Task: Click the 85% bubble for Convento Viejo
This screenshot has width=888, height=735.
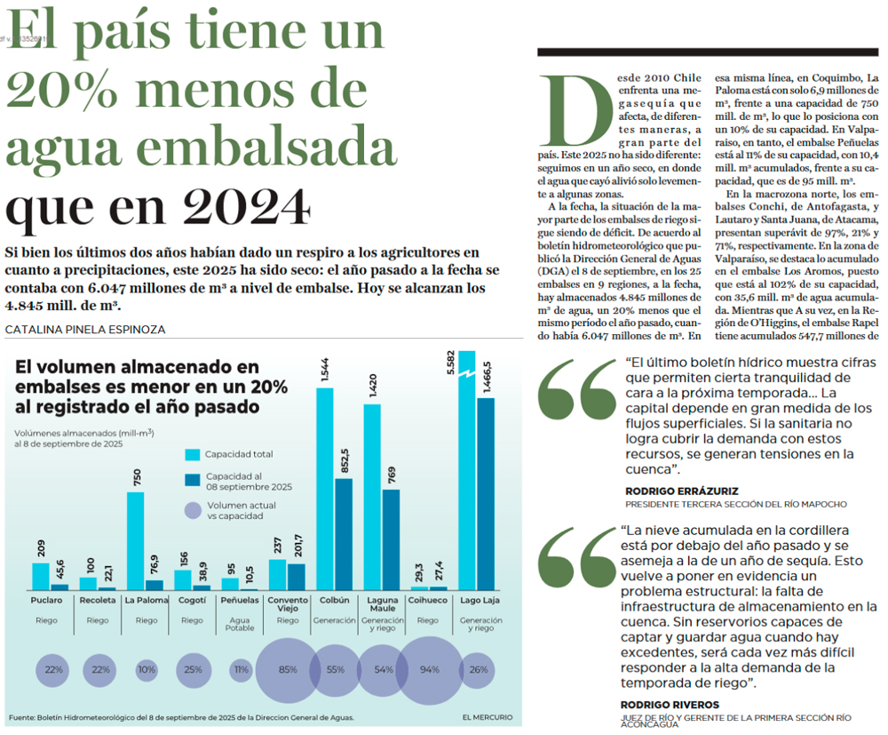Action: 288,669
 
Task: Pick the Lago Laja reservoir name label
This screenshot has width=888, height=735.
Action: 479,602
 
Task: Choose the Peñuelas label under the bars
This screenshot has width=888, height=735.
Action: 239,602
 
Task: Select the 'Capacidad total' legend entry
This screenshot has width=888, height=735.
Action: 238,454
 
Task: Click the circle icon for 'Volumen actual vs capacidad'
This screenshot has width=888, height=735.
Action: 194,510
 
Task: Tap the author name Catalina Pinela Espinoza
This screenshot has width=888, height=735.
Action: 85,330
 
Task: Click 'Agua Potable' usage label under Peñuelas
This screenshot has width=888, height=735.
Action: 240,624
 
